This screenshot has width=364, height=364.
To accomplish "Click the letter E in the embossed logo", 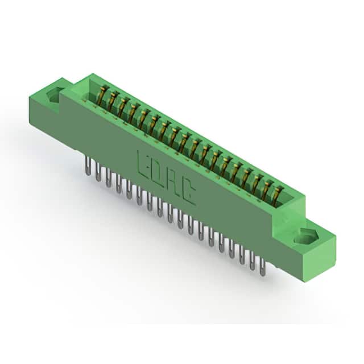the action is [x=143, y=166].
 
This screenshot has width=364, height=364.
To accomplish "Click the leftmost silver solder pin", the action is [x=88, y=166].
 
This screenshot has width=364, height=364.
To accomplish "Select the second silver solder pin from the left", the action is [x=98, y=172].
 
